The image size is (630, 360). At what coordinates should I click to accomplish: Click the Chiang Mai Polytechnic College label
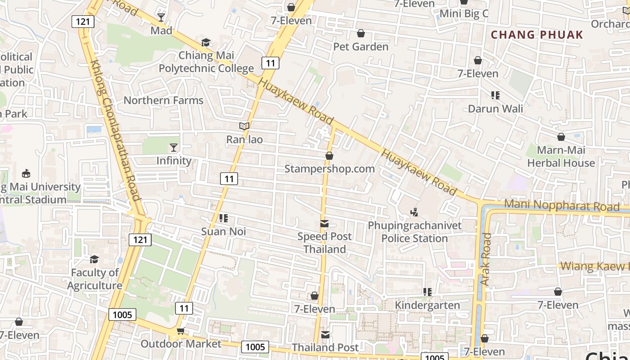point(206,62)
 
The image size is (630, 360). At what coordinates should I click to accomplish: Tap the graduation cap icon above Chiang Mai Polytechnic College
point(206,42)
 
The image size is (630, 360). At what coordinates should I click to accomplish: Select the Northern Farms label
point(163,100)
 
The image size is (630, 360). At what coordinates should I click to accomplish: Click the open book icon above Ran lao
point(244,126)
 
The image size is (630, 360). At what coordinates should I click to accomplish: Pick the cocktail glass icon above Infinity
point(173,147)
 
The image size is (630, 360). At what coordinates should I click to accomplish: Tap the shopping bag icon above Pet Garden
point(360,33)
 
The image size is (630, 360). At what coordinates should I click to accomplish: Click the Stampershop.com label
point(329,169)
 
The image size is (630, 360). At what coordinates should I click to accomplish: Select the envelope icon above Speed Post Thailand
point(324,224)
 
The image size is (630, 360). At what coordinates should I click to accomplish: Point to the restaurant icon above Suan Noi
point(223,218)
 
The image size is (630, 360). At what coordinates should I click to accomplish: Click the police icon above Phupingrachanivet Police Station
point(414,211)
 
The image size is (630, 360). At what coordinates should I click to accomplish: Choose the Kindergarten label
point(427,306)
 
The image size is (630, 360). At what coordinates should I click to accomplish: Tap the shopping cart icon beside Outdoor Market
point(180,331)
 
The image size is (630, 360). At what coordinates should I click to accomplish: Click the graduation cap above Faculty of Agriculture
point(94,259)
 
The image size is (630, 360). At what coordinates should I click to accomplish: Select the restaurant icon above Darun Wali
point(495,95)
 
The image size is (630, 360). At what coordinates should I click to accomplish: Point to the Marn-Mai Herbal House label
point(561,156)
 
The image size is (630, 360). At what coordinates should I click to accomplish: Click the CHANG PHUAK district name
point(536,35)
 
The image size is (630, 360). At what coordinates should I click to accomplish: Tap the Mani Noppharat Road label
point(562,206)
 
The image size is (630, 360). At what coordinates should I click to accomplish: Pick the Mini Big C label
point(463,13)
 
